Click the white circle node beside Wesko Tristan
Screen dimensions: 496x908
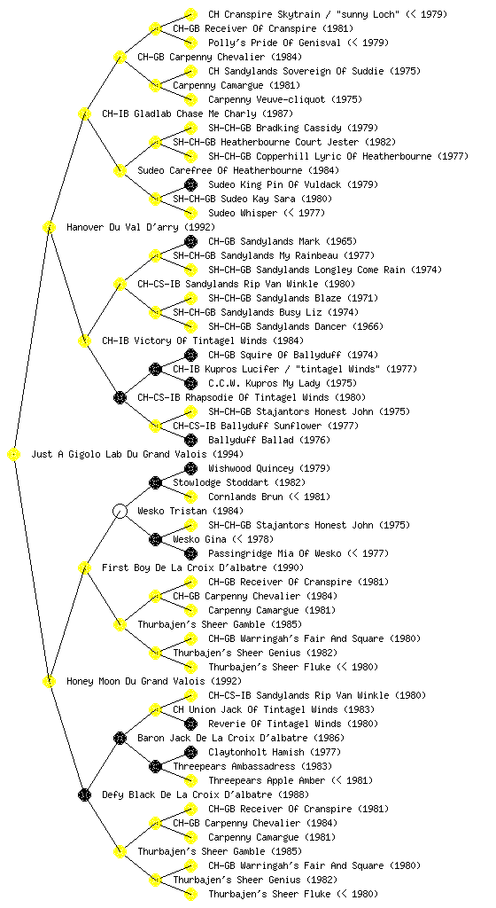120,511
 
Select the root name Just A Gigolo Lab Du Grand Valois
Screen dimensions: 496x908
137,454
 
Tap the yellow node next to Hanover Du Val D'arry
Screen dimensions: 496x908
49,227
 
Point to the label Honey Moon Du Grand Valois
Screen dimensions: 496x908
154,681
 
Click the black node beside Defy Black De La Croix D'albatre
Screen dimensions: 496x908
84,794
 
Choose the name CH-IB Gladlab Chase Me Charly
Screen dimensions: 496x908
198,113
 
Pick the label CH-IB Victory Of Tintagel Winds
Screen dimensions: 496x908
203,340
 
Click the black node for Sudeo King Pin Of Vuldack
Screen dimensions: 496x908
190,184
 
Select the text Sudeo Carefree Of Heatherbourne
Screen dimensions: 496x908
238,170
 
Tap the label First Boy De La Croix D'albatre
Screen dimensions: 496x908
203,567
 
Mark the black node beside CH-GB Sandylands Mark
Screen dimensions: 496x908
190,241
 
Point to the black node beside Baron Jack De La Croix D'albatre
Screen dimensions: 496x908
120,738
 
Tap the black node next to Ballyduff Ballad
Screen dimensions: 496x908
190,440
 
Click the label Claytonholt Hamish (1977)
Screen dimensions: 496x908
275,752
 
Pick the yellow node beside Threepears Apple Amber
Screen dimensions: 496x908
190,780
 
